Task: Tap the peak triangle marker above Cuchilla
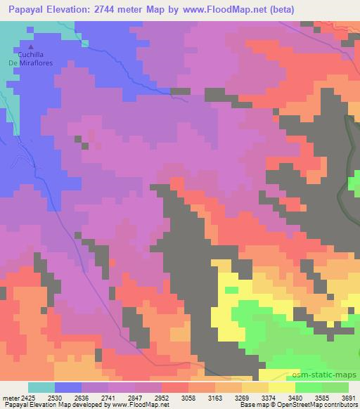pyautogui.click(x=30, y=47)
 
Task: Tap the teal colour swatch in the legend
pyautogui.click(x=41, y=387)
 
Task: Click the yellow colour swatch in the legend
pyautogui.click(x=282, y=387)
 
